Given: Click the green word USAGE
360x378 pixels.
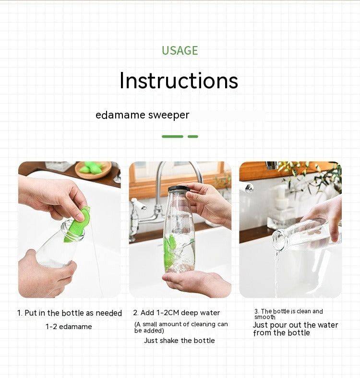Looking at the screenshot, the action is (180, 51).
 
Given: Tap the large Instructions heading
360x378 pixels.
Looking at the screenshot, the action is (179, 81).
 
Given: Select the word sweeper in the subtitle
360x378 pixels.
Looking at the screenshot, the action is (168, 115).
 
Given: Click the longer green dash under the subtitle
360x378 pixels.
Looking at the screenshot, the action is (172, 136).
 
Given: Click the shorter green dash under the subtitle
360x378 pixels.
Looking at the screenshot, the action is (193, 136).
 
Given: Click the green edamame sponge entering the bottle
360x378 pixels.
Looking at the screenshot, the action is (77, 224).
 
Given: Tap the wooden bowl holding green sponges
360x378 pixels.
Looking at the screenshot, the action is (94, 170).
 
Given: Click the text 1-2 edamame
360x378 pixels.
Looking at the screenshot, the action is (69, 327).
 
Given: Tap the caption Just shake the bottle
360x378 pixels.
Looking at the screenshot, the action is (179, 341).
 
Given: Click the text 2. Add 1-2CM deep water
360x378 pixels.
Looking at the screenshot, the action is (176, 313).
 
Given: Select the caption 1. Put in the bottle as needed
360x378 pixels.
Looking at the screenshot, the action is (70, 313).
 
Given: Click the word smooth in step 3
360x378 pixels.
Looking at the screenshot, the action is (264, 317).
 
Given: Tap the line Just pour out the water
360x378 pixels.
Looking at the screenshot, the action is (295, 325).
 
